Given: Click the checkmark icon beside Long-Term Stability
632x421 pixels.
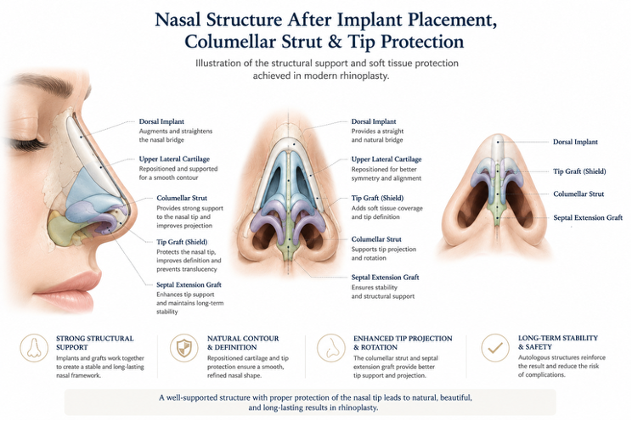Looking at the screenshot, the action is click(x=495, y=347).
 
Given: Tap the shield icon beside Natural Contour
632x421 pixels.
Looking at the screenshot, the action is click(x=183, y=347).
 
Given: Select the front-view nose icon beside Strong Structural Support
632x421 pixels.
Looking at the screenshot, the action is click(x=34, y=347).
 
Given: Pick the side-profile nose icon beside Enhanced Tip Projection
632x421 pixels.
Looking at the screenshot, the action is click(x=331, y=347).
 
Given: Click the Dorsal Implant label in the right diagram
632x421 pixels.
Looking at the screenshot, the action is click(x=575, y=142).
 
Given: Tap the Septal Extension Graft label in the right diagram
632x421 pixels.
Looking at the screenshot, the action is click(x=588, y=218).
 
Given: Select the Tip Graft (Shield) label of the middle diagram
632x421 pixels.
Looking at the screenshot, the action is click(x=377, y=199).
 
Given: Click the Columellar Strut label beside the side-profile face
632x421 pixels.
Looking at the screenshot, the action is click(x=182, y=199).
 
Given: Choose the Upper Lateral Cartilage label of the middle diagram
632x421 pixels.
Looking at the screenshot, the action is click(x=387, y=160).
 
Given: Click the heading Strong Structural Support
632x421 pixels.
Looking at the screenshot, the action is click(x=95, y=343).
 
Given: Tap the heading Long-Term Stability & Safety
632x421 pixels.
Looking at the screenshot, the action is click(x=558, y=342).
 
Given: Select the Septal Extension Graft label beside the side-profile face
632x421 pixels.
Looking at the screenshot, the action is click(x=189, y=285).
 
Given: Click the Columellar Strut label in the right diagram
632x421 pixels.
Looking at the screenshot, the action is click(x=578, y=194).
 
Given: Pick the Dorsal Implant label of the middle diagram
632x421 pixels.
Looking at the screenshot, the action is click(x=374, y=121).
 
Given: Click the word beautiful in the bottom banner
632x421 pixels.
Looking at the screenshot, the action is click(x=455, y=397).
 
